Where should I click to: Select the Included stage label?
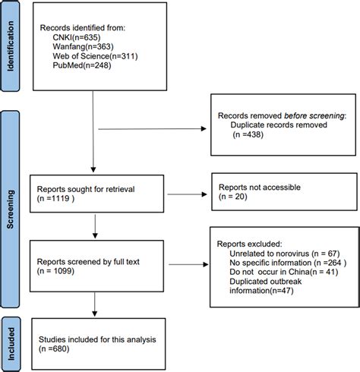click(x=10, y=341)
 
